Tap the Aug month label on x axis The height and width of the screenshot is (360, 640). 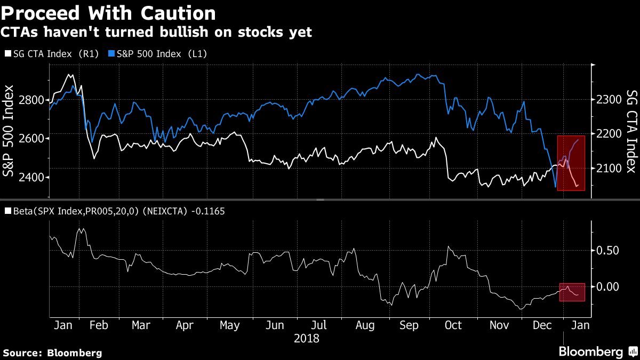coord(364,325)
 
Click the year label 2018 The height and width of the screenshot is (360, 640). coord(306,339)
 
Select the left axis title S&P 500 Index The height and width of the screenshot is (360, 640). coord(9,130)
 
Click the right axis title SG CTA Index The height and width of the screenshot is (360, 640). coord(631,131)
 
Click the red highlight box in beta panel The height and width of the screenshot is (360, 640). coord(572,292)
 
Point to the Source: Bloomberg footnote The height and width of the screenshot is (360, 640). coord(52,353)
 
